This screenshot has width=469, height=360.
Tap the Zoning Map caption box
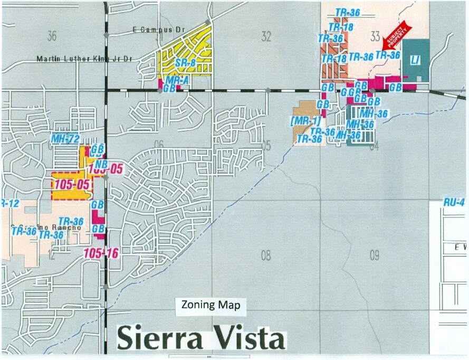click(x=211, y=305)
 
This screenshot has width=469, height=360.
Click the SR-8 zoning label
click(x=182, y=63)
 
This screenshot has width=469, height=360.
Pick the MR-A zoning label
click(x=177, y=80)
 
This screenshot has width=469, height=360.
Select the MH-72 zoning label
click(x=65, y=139)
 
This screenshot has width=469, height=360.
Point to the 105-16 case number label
click(x=101, y=253)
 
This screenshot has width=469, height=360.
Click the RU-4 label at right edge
click(x=454, y=202)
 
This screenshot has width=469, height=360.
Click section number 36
click(x=51, y=36)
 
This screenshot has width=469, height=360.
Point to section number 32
click(x=266, y=36)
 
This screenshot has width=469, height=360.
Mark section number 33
click(x=375, y=36)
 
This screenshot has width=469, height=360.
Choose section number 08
click(x=266, y=256)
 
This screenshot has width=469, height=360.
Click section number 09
click(x=374, y=256)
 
